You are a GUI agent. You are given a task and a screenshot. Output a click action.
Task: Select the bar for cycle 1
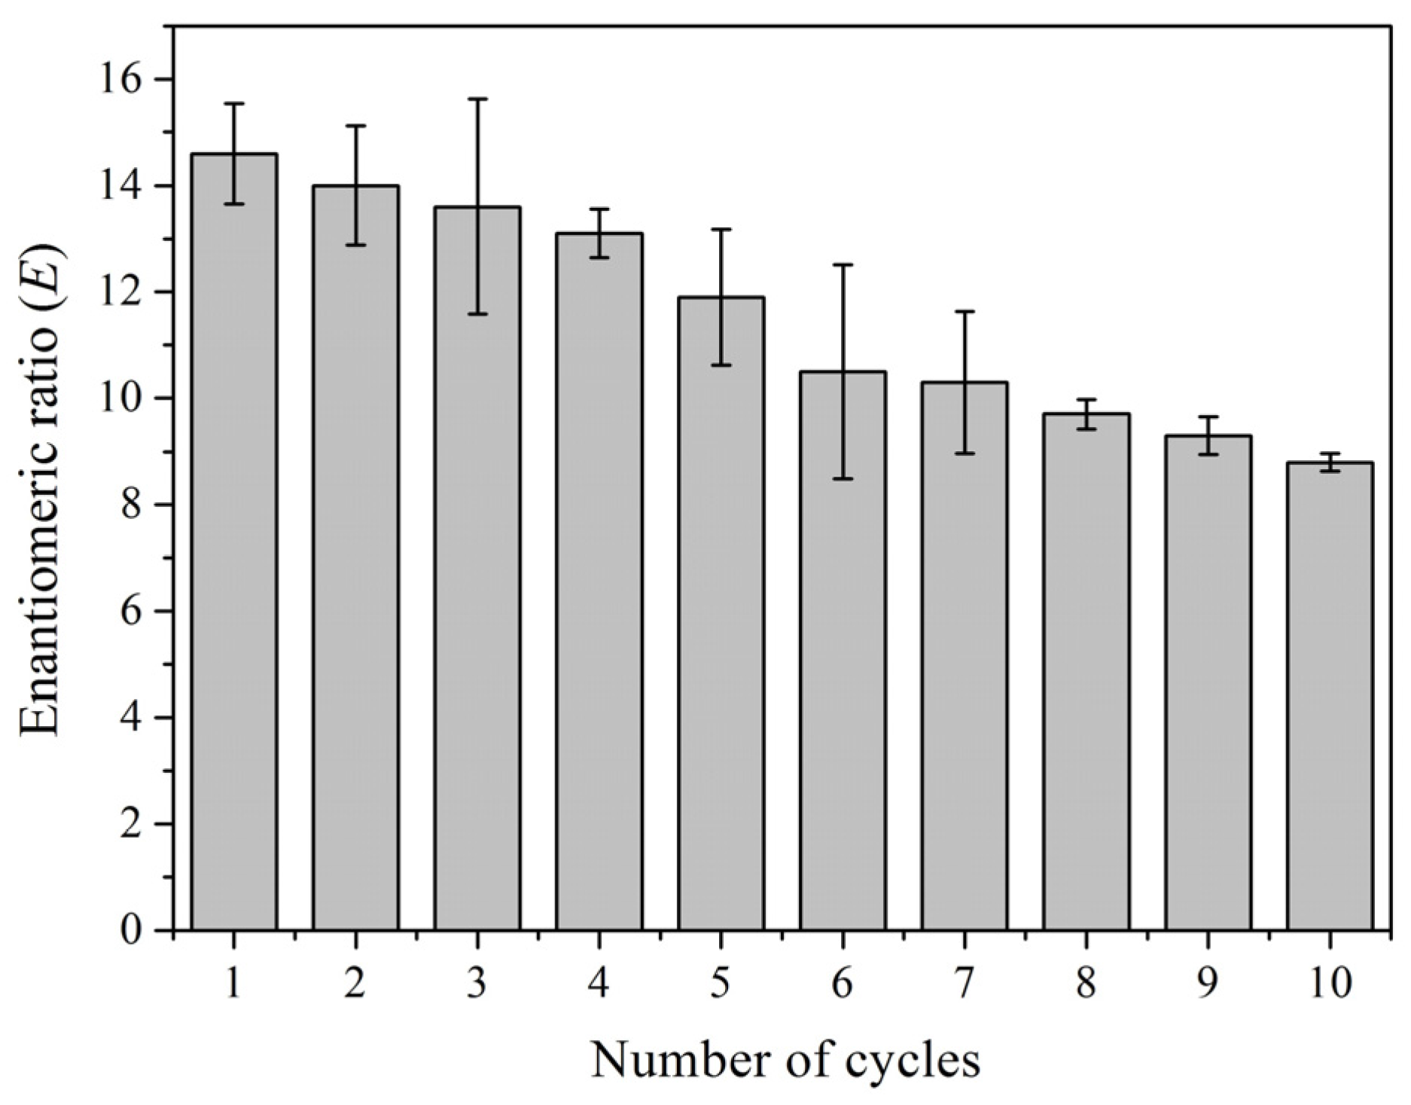pyautogui.click(x=234, y=542)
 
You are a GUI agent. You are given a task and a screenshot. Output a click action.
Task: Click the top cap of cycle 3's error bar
pyautogui.click(x=477, y=99)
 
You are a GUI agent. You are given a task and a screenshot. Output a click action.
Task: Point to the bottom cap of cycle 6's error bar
pyautogui.click(x=843, y=478)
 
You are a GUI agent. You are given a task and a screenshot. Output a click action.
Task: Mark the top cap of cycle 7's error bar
pyautogui.click(x=965, y=311)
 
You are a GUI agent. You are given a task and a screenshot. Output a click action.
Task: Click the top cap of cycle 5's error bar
pyautogui.click(x=721, y=229)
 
